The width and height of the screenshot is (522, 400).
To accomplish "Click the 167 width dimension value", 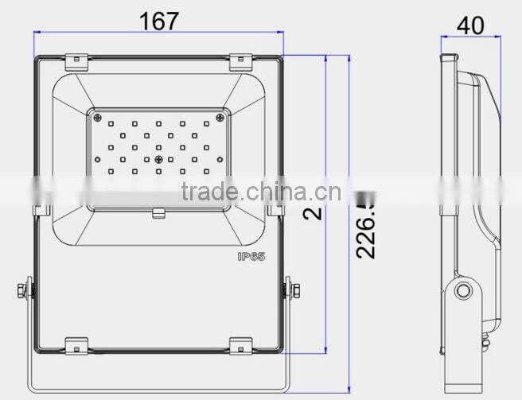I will click(x=159, y=21).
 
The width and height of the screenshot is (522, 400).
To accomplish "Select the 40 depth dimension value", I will click(x=469, y=25).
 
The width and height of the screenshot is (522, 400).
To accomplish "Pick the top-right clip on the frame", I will click(x=240, y=60).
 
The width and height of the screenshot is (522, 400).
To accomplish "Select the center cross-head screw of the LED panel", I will click(x=159, y=160).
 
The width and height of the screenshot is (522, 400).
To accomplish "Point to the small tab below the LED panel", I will click(x=159, y=212).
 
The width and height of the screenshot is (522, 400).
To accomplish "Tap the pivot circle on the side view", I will click(x=461, y=293).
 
